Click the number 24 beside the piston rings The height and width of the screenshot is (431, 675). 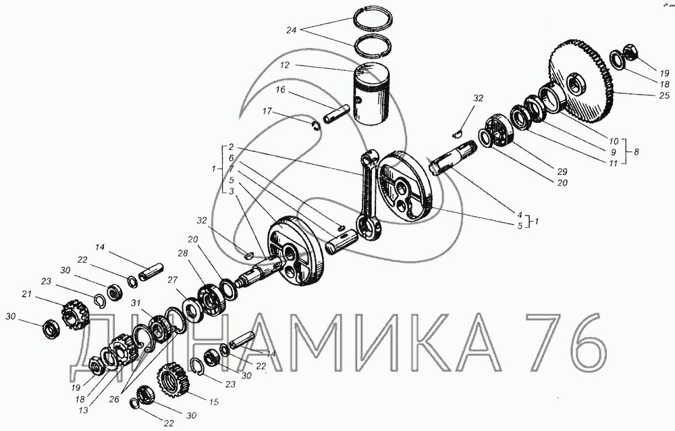(x=292, y=30)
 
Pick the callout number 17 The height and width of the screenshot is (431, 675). (x=267, y=111)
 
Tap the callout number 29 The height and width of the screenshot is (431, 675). (x=562, y=171)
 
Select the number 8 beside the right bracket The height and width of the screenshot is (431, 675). (x=637, y=151)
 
